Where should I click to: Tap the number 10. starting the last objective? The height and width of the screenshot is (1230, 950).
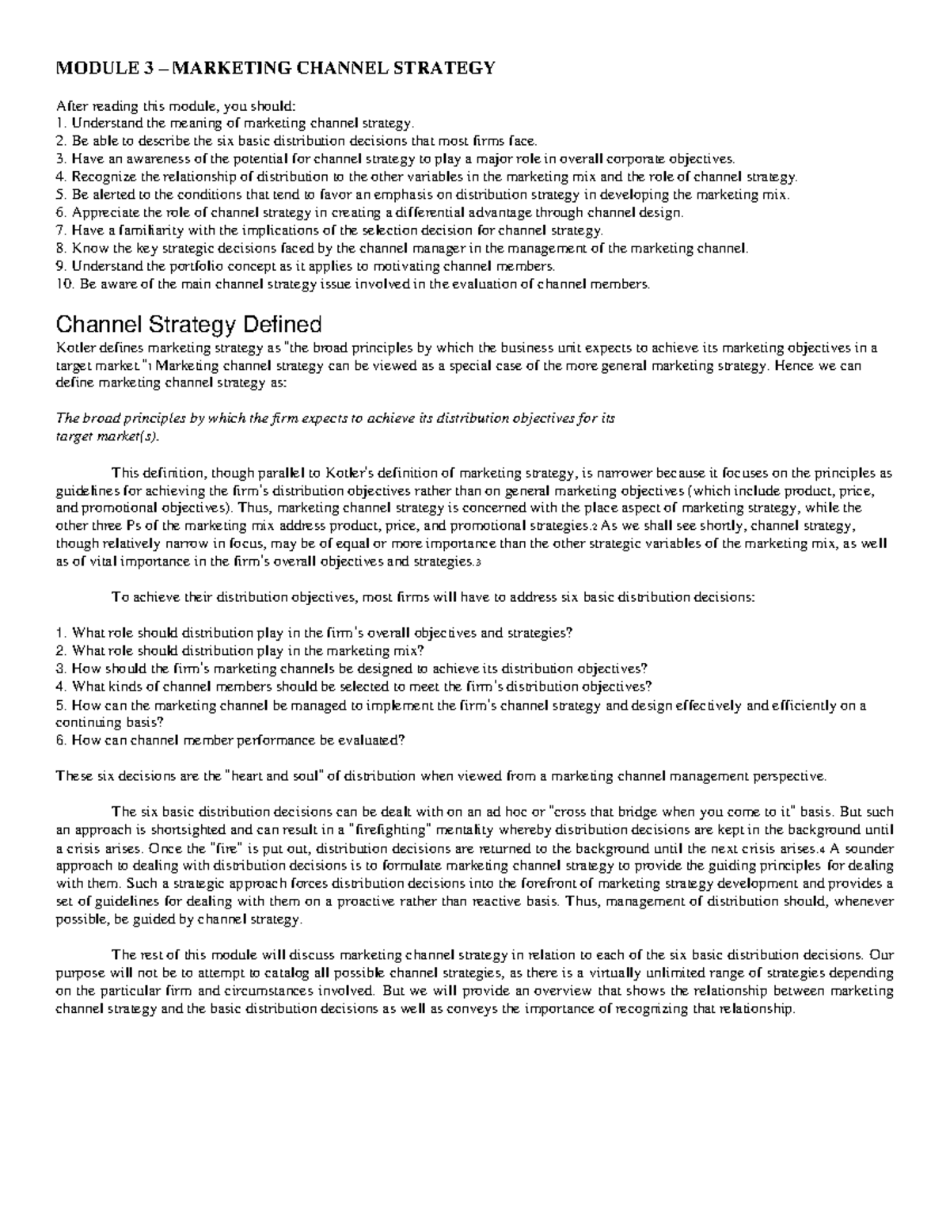pos(63,284)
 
